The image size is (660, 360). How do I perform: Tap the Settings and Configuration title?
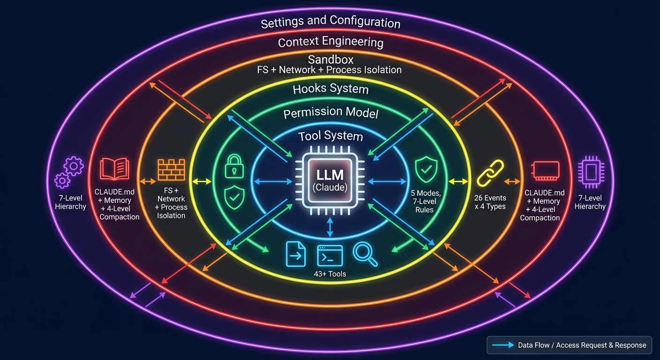pos(330,22)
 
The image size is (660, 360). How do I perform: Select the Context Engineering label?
pos(330,42)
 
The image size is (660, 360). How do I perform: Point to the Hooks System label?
pos(330,89)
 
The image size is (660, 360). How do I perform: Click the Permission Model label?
pos(330,113)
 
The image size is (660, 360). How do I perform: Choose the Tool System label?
pos(330,136)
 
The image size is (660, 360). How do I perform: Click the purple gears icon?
pos(69,172)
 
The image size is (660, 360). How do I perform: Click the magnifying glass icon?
pos(365,254)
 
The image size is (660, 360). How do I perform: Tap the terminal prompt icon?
pos(330,255)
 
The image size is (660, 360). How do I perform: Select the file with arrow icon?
pos(296,255)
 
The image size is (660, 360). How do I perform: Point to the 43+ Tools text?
pos(330,273)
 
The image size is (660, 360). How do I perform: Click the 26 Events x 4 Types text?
pos(490,202)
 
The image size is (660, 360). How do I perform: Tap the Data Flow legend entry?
pos(569,345)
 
